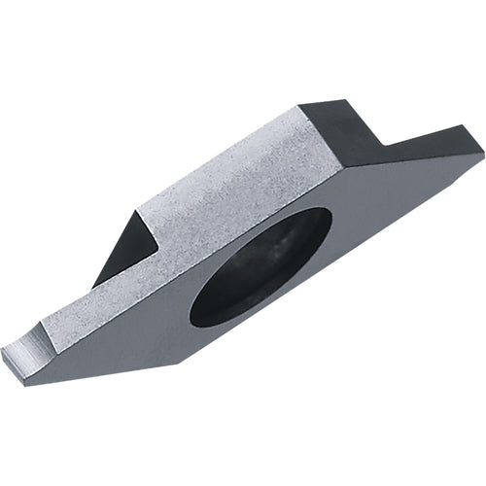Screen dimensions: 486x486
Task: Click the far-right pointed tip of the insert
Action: (x=480, y=153)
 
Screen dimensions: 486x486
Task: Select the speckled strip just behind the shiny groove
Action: (x=78, y=311)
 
